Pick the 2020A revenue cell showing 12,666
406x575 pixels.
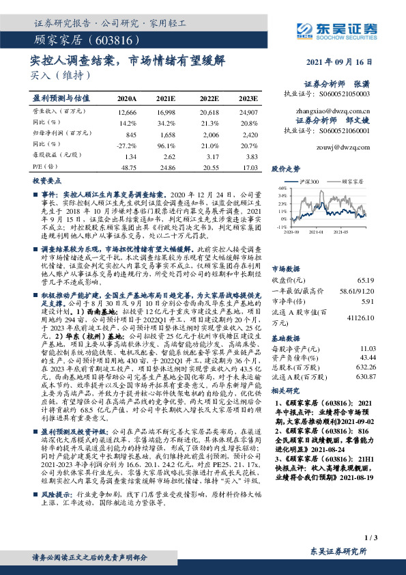(x=127, y=111)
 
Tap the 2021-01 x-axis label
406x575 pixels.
(x=323, y=232)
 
